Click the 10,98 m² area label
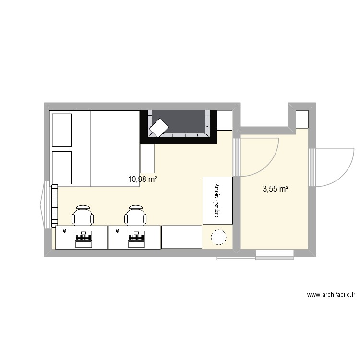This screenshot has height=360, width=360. point(143,179)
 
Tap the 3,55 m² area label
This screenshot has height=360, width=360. point(275,189)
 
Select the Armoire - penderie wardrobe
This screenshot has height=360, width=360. point(217,200)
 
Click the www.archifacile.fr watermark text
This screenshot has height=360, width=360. point(331,295)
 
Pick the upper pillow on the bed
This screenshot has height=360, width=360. point(61,129)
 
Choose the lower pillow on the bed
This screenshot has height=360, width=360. point(61,168)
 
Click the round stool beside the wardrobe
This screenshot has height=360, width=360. point(219,238)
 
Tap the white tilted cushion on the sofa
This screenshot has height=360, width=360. point(158,127)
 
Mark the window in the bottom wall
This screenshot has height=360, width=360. point(274,255)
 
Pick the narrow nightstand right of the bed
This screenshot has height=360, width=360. point(147,159)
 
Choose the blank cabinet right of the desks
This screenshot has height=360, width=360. point(181,236)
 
